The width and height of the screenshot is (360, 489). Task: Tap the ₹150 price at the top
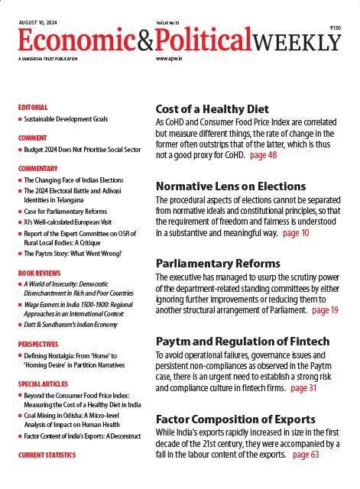click(336, 28)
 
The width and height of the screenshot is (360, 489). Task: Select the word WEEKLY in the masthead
click(298, 42)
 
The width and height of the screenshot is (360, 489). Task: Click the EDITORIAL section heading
click(33, 108)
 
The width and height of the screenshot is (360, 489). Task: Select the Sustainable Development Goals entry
click(66, 119)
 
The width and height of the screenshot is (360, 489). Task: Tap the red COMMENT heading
click(32, 138)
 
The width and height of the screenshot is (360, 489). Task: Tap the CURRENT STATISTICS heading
click(47, 455)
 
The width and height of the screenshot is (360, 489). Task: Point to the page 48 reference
click(264, 155)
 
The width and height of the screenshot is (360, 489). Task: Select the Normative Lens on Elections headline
click(231, 186)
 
